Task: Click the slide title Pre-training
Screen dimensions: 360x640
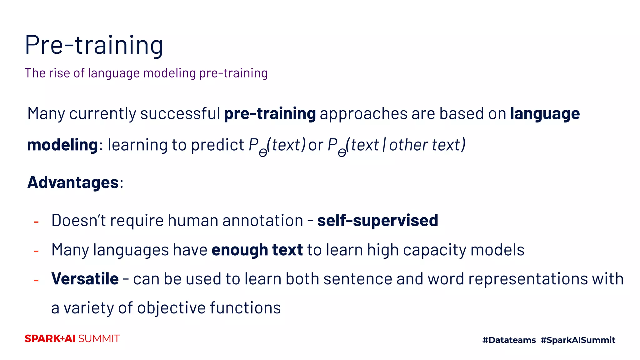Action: [94, 45]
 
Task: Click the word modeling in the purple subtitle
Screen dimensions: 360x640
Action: [169, 73]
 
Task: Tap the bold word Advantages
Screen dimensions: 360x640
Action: [73, 182]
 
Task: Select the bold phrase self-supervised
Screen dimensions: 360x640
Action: [377, 221]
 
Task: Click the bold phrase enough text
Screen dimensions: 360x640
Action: [257, 250]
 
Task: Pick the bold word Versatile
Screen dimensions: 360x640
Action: [85, 279]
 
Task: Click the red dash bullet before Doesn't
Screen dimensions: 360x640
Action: [36, 222]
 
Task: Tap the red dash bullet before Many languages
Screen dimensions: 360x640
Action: [36, 251]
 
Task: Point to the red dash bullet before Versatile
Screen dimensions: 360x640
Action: [36, 280]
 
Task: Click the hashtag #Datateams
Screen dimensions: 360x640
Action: [509, 340]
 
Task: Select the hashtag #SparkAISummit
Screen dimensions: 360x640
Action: [578, 340]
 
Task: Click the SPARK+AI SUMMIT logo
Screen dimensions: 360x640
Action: [72, 339]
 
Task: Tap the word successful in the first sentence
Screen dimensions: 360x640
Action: [180, 113]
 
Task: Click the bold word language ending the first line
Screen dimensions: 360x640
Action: [545, 113]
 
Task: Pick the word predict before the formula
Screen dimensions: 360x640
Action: [217, 145]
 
